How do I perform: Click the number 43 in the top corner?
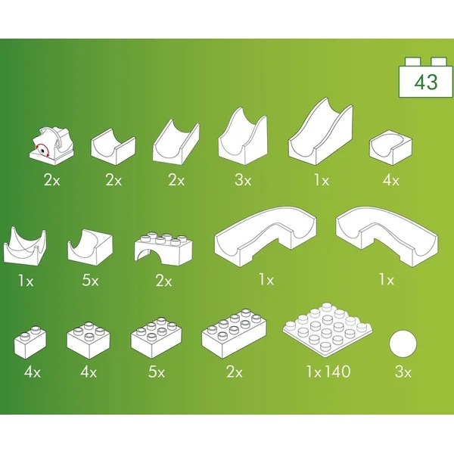[426, 82]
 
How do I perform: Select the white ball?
[405, 346]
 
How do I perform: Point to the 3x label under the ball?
[403, 372]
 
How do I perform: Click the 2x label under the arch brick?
[163, 280]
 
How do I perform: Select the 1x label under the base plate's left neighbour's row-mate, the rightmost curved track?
[386, 280]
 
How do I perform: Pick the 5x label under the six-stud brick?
[155, 372]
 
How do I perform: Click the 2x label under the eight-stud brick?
[233, 372]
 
